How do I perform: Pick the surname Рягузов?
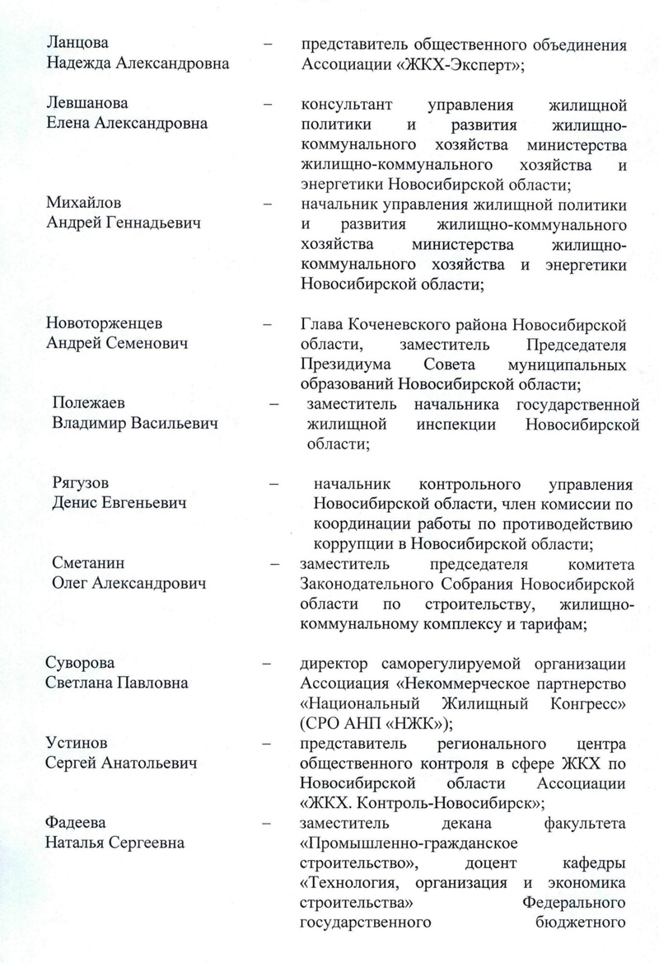tap(80, 483)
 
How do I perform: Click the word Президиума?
tap(342, 364)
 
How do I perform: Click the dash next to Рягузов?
tap(272, 484)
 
